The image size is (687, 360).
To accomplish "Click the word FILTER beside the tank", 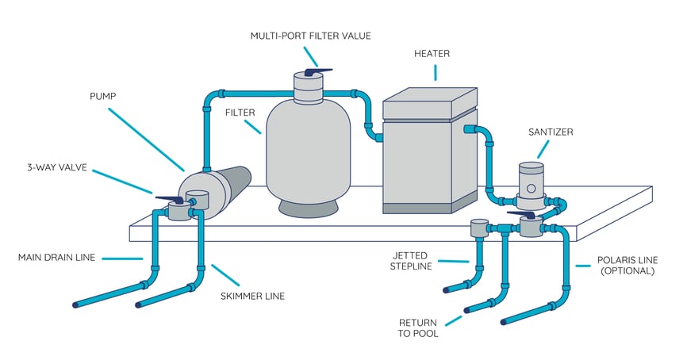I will pyautogui.click(x=239, y=113).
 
